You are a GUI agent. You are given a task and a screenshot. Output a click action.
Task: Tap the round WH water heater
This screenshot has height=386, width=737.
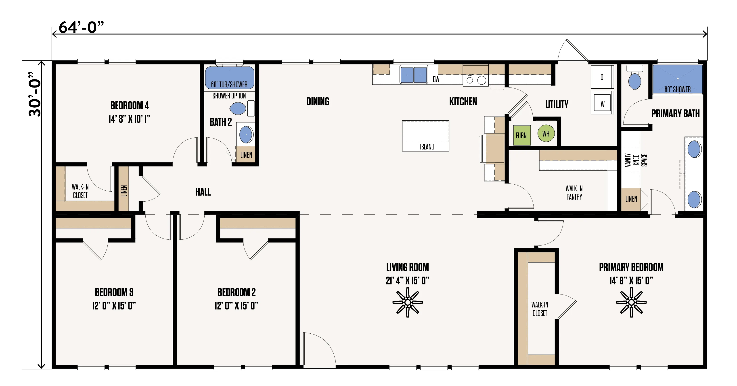(546, 134)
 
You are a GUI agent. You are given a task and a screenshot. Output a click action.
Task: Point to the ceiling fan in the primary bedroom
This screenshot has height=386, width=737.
(631, 302)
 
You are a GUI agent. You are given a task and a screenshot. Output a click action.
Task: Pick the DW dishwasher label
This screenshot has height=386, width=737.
(436, 79)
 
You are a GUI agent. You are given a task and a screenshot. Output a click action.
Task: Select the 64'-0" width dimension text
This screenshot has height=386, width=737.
(81, 28)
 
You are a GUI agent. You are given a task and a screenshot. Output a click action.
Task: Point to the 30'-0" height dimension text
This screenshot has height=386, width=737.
(35, 94)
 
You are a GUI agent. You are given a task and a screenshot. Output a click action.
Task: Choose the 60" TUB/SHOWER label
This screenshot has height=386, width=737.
(229, 85)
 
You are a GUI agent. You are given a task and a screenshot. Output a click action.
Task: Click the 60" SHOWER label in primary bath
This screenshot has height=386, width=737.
(678, 90)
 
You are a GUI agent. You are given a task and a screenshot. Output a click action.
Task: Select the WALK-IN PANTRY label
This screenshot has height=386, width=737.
(574, 193)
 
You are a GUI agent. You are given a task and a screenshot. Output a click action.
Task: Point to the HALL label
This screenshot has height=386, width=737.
(203, 192)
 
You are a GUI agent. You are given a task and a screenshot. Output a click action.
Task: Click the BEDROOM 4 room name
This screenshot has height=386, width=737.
(130, 105)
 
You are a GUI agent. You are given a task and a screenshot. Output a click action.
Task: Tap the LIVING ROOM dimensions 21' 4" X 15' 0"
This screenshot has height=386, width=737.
(407, 281)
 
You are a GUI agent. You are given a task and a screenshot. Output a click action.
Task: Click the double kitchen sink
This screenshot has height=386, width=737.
(414, 75)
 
